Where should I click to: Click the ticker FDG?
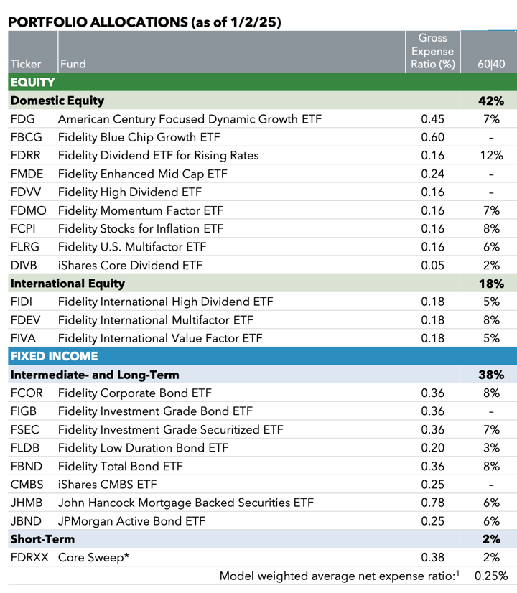click(23, 119)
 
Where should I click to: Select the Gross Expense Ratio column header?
click(433, 51)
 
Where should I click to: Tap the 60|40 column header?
click(491, 64)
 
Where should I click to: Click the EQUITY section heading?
click(33, 82)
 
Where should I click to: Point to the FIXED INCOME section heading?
click(54, 356)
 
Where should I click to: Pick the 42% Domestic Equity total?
click(491, 101)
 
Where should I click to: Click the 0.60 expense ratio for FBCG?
click(433, 137)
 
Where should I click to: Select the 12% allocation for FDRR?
click(491, 156)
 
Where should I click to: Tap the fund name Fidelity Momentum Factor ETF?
click(141, 210)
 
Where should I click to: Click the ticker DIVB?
click(24, 265)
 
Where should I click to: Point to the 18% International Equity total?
click(491, 284)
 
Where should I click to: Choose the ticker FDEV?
click(25, 320)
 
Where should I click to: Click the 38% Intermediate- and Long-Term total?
click(491, 375)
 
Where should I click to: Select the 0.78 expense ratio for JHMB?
click(433, 503)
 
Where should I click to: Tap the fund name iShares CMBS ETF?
click(108, 485)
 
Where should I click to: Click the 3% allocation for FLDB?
click(491, 448)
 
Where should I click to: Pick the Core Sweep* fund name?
click(93, 557)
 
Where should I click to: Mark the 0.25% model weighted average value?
click(491, 576)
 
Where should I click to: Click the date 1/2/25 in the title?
click(253, 22)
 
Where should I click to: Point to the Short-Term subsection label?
click(42, 539)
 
